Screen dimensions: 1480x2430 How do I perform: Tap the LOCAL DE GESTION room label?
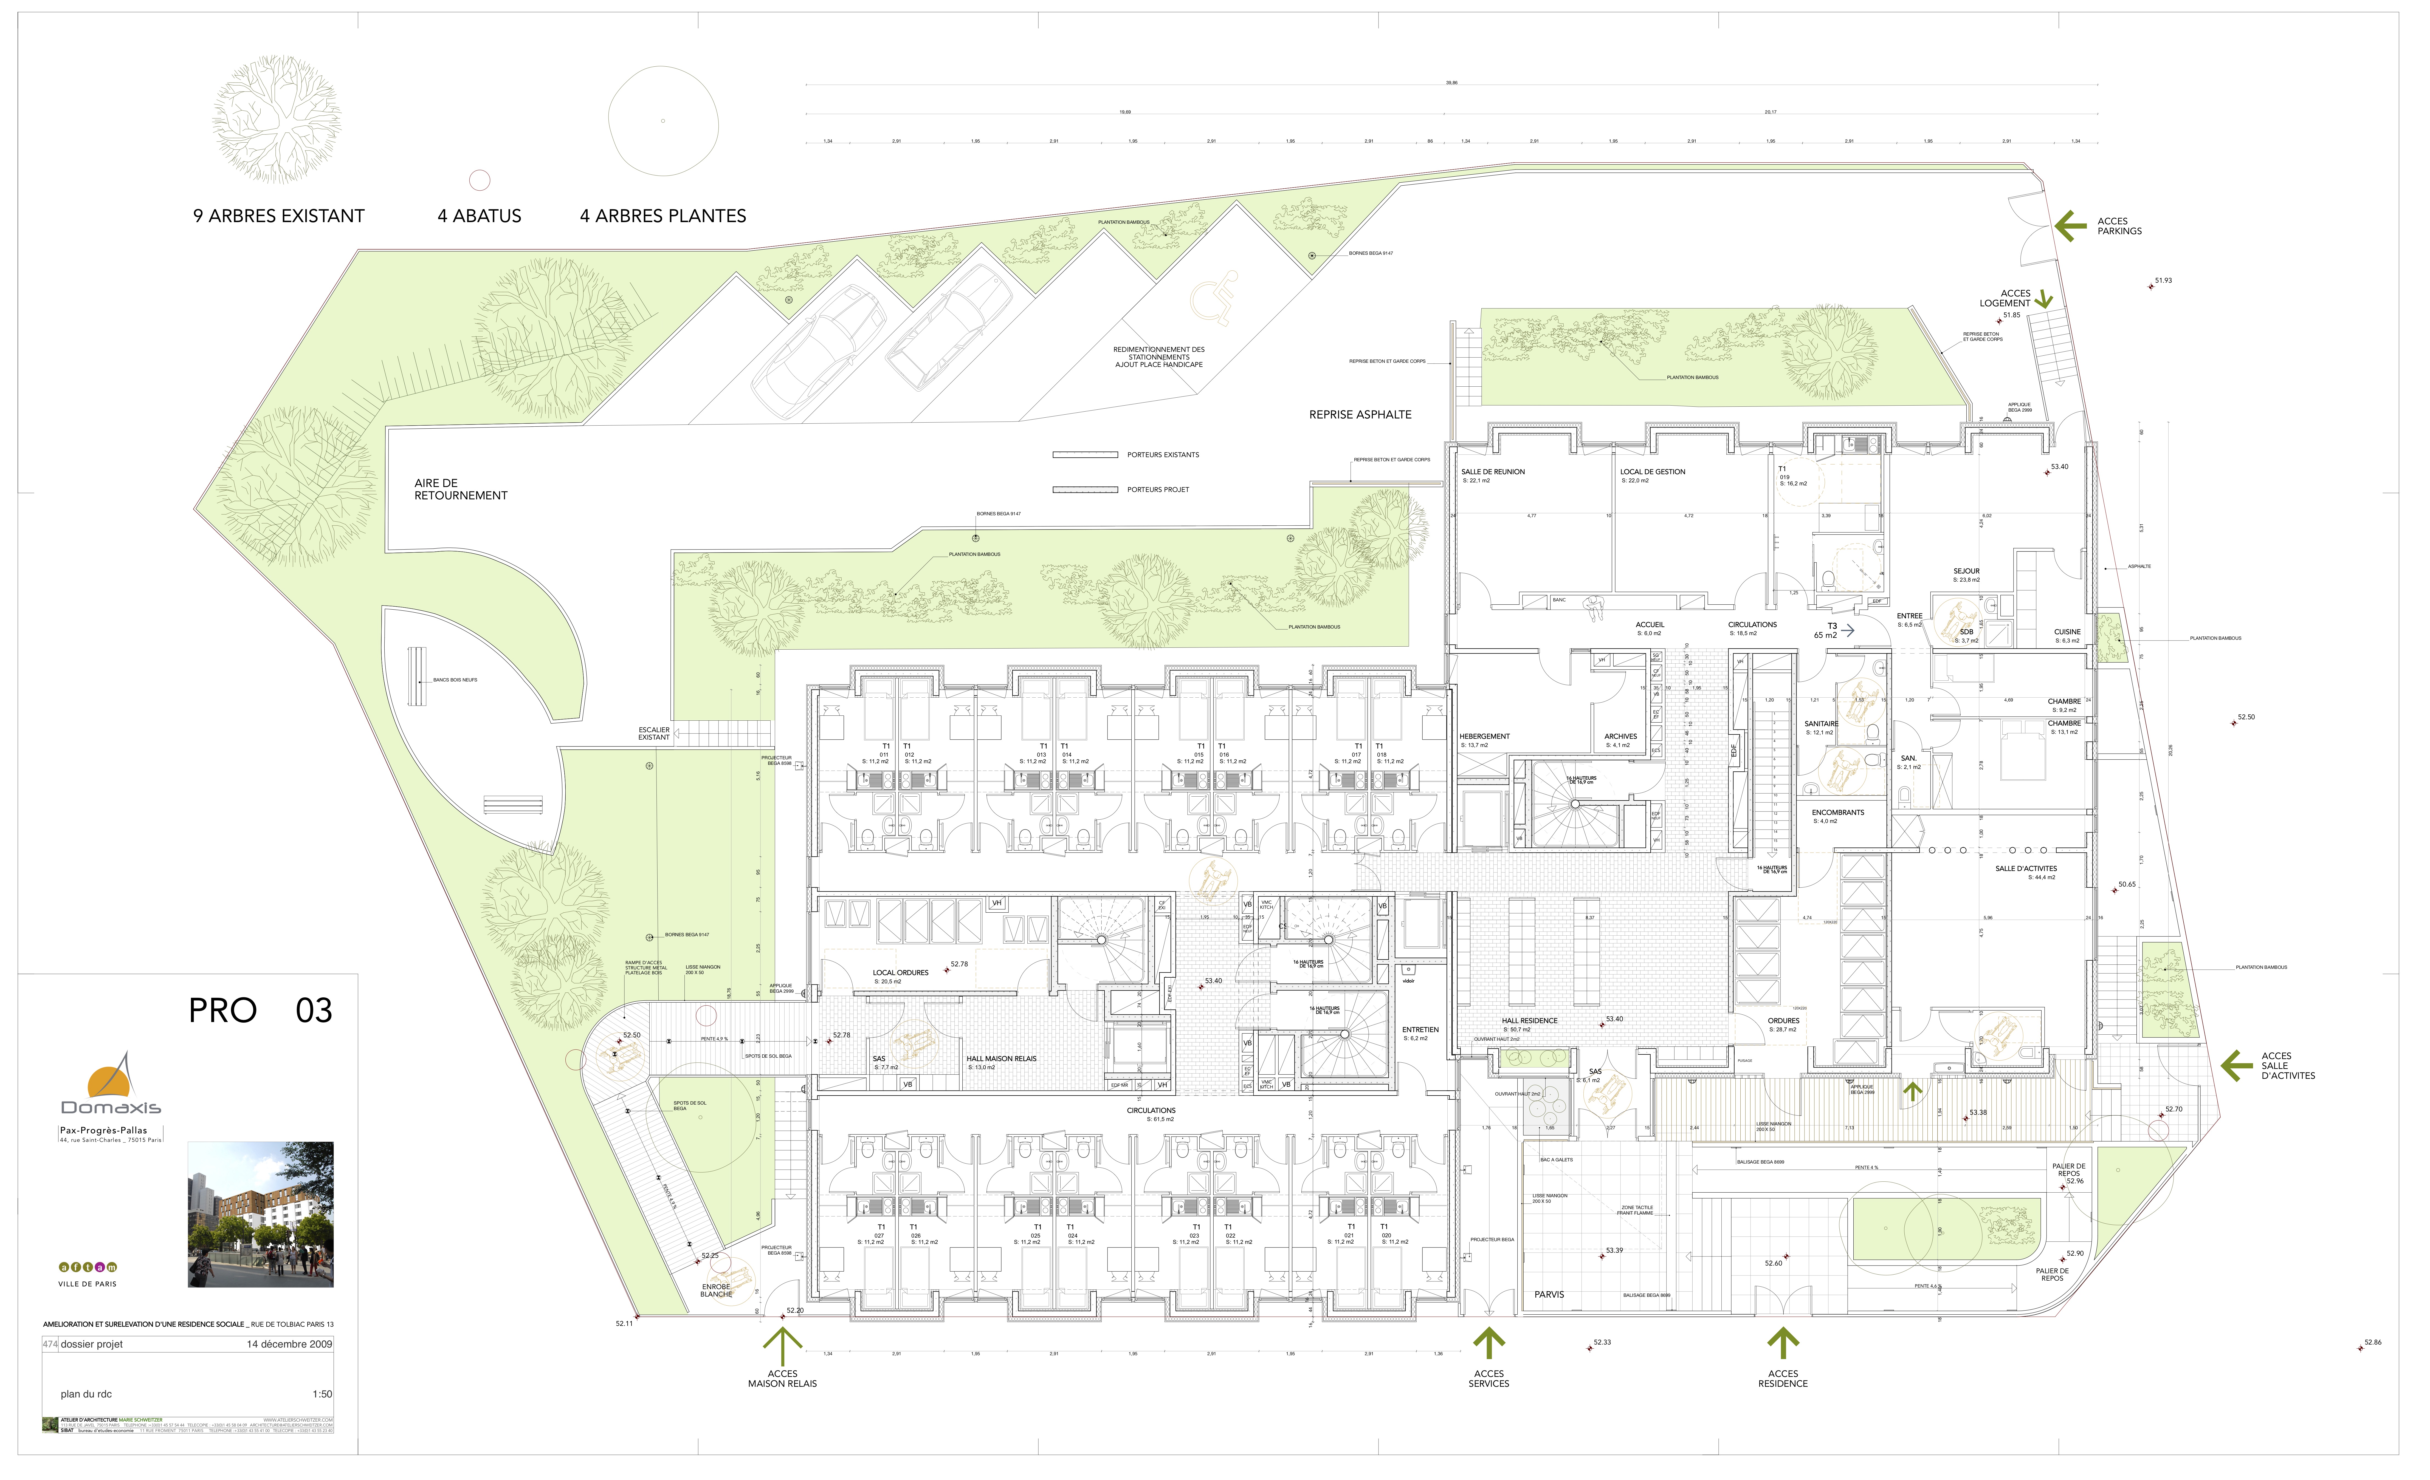(x=1653, y=472)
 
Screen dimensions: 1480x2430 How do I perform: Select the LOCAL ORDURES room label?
(x=900, y=973)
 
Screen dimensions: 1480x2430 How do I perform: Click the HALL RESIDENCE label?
(x=1530, y=1021)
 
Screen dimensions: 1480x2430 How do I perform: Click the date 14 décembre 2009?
(x=289, y=1344)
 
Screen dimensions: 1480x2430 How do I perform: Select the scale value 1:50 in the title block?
(x=322, y=1394)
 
